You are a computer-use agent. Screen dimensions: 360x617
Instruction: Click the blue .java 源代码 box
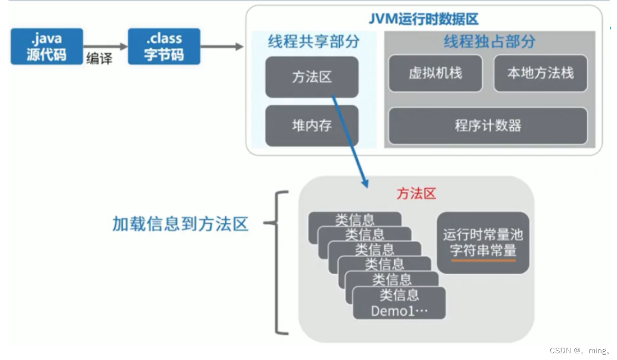pyautogui.click(x=47, y=47)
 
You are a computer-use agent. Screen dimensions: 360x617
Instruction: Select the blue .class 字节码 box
pyautogui.click(x=164, y=47)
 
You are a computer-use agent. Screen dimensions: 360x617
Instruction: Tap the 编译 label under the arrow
pyautogui.click(x=99, y=59)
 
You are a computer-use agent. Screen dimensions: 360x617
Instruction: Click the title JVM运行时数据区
pyautogui.click(x=423, y=20)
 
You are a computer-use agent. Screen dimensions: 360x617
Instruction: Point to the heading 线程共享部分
pyautogui.click(x=314, y=42)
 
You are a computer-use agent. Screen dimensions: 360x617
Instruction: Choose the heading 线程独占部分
pyautogui.click(x=489, y=42)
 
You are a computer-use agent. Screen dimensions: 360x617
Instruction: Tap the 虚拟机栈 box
pyautogui.click(x=435, y=73)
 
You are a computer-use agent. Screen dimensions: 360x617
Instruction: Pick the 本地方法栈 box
pyautogui.click(x=540, y=73)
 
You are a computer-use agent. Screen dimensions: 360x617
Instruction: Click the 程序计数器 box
pyautogui.click(x=488, y=125)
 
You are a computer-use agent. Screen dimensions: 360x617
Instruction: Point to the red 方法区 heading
pyautogui.click(x=416, y=194)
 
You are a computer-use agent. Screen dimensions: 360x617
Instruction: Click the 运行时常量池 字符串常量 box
pyautogui.click(x=483, y=242)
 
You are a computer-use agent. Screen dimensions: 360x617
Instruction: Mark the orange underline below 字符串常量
pyautogui.click(x=483, y=261)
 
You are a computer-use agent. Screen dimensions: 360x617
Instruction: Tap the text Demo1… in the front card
pyautogui.click(x=399, y=311)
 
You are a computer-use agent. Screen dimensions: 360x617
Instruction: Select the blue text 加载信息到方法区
pyautogui.click(x=180, y=224)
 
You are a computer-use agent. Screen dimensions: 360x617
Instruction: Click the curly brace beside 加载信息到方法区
pyautogui.click(x=277, y=262)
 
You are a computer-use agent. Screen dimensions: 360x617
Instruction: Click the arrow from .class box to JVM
pyautogui.click(x=222, y=47)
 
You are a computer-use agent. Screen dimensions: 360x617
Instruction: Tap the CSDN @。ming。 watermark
pyautogui.click(x=580, y=351)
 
